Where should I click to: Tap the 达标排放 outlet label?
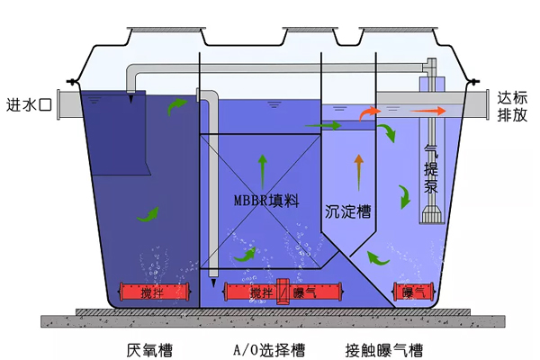click(x=512, y=106)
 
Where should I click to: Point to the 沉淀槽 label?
click(x=347, y=211)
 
